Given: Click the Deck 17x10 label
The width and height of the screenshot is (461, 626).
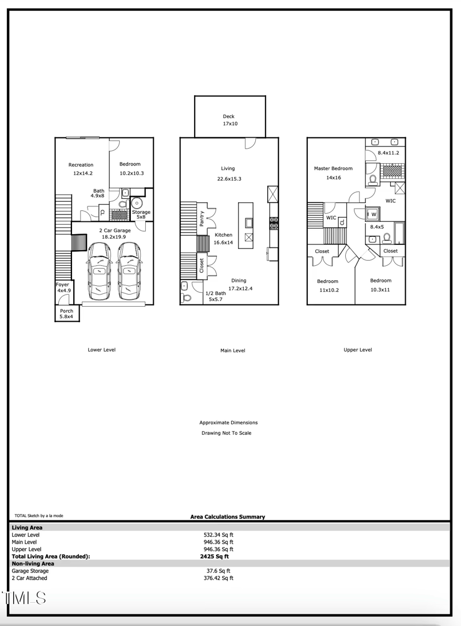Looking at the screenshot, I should click(x=229, y=120).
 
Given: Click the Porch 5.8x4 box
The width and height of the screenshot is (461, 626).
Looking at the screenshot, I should click(x=67, y=314).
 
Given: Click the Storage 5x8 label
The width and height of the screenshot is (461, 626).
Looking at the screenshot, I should click(x=141, y=214).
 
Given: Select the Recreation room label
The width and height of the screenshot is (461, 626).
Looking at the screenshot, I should click(x=81, y=168).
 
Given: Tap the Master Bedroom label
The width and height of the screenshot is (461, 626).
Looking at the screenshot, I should click(x=333, y=172).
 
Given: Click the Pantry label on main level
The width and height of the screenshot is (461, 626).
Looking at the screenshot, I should click(x=202, y=218).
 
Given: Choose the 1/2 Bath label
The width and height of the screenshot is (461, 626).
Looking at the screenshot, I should click(x=216, y=297).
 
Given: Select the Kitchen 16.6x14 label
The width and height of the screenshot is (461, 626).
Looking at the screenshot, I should click(x=224, y=239).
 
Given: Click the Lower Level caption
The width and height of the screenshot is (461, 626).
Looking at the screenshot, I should click(x=102, y=350).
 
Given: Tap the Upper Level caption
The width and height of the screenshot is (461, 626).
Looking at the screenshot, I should click(x=358, y=350).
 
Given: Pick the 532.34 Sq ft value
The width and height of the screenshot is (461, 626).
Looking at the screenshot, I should click(x=218, y=535).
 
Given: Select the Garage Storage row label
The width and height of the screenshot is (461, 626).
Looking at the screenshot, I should click(x=30, y=571).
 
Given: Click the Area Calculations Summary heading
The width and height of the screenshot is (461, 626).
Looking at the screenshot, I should click(x=228, y=517).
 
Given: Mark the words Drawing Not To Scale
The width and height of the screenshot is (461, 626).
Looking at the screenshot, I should click(x=226, y=433).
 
